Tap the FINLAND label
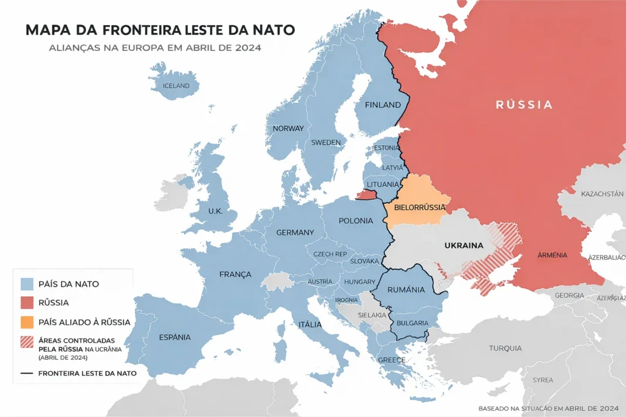(x=383, y=105)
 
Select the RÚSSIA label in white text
(x=524, y=105)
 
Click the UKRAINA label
(x=464, y=245)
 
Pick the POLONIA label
(x=356, y=221)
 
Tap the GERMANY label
(x=295, y=233)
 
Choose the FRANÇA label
(x=235, y=274)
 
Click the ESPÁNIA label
(x=175, y=337)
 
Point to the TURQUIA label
(x=505, y=348)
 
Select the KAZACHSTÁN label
(x=602, y=193)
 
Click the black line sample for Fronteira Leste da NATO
(x=27, y=373)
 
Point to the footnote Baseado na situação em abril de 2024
(x=548, y=408)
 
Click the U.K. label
(x=215, y=211)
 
